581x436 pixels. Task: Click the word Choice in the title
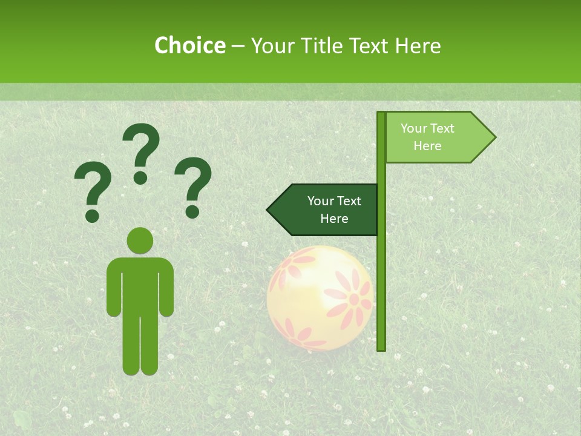pos(189,45)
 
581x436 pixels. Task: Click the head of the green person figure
pos(140,240)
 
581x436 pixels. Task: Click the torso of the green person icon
pos(140,285)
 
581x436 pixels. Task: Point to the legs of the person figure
pos(140,345)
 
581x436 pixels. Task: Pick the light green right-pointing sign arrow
pos(436,137)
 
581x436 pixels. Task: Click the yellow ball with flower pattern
pos(320,297)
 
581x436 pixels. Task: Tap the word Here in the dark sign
pos(334,219)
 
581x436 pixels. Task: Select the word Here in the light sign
pos(427,146)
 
